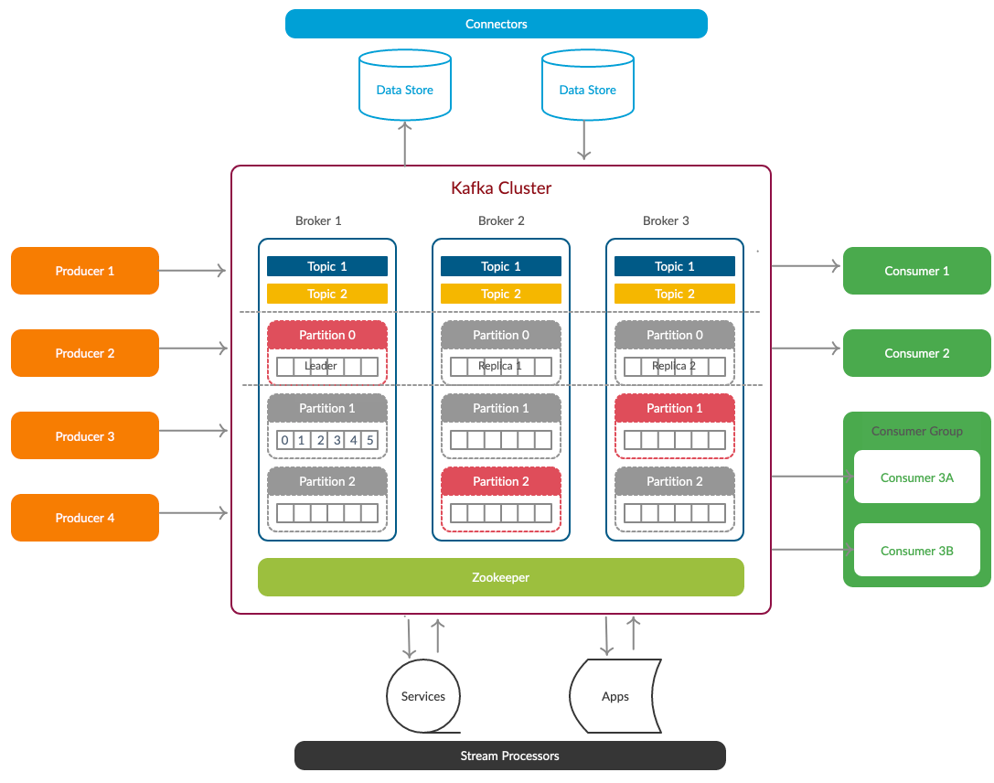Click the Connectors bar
[497, 24]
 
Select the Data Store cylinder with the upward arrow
[405, 85]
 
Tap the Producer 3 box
[85, 435]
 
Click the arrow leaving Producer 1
[192, 271]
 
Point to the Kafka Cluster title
[501, 188]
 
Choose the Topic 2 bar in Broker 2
[501, 294]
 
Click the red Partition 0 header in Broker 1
[327, 335]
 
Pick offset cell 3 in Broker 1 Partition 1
[337, 440]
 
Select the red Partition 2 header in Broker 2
[501, 481]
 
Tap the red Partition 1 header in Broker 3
[675, 408]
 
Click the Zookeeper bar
[501, 577]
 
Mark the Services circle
[423, 696]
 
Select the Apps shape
[615, 696]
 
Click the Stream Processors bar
[510, 756]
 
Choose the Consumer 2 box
[916, 353]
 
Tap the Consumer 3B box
[916, 551]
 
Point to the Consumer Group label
[916, 431]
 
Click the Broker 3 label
[666, 220]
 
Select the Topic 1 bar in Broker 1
[327, 266]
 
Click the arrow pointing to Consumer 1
[806, 265]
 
